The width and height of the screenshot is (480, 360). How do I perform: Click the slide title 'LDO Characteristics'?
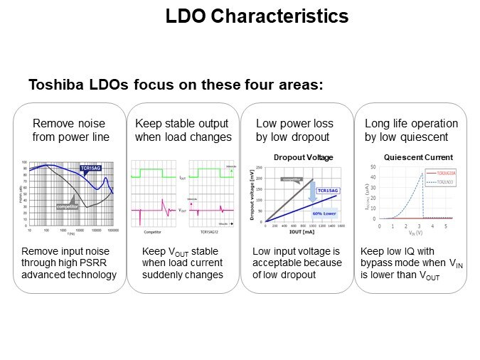(x=257, y=16)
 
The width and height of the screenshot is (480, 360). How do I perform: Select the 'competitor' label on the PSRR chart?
(x=68, y=206)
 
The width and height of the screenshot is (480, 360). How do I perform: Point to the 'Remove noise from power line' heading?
(x=71, y=129)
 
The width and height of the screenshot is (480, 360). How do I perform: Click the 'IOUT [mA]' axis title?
(x=301, y=232)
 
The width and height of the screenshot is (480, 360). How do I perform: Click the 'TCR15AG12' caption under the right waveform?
(x=210, y=232)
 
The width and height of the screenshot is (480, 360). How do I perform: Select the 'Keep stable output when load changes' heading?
(x=183, y=129)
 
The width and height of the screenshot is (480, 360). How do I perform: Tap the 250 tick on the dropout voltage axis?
(x=260, y=169)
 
